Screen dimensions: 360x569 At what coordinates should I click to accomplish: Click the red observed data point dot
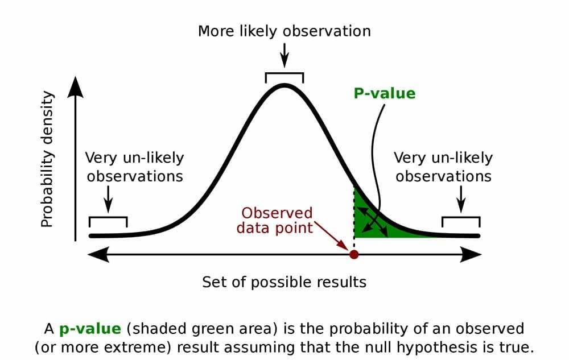tap(354, 254)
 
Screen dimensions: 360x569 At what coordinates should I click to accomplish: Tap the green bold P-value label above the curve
tap(385, 93)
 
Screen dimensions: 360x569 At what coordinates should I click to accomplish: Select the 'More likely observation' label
tap(284, 31)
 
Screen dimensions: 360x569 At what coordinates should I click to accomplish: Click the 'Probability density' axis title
tap(47, 160)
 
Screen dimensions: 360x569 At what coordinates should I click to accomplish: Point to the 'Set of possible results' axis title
tap(284, 282)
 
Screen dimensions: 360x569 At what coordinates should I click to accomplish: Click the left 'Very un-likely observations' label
tap(135, 167)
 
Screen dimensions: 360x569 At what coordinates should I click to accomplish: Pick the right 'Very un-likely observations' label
tap(443, 167)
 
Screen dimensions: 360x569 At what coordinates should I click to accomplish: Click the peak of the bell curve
tap(284, 86)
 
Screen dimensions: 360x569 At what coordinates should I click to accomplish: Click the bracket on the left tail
tap(108, 220)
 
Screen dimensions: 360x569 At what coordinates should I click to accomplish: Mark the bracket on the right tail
tap(461, 220)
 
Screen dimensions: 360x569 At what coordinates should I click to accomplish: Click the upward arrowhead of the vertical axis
tap(76, 87)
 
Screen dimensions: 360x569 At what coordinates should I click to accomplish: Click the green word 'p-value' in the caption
tap(90, 329)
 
